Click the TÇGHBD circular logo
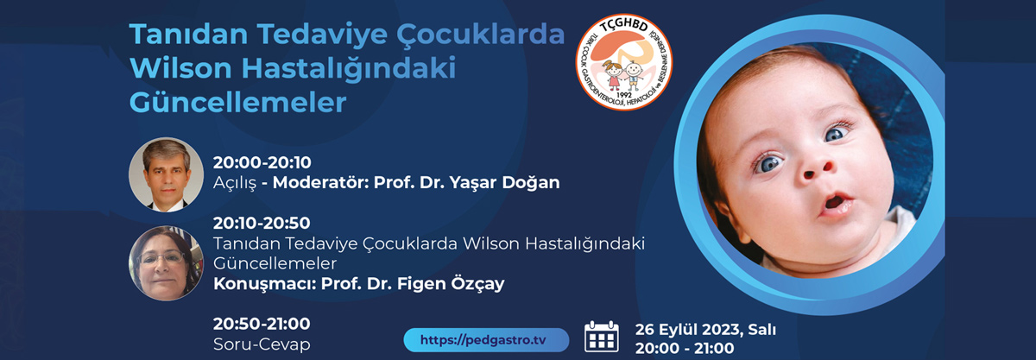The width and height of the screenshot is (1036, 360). (624, 62)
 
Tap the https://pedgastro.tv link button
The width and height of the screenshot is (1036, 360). (486, 340)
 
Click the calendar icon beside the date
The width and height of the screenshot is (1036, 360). (601, 337)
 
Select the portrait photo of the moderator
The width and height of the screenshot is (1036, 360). (166, 174)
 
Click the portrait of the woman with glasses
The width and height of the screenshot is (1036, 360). (166, 263)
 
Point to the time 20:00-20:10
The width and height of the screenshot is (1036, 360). (262, 162)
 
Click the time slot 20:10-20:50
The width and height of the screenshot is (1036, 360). (262, 223)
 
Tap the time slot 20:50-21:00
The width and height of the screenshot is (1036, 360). (262, 324)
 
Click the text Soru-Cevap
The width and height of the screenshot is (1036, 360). (262, 344)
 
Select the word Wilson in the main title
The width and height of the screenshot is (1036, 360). (180, 68)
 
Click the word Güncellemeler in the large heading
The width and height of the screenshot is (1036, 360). (237, 102)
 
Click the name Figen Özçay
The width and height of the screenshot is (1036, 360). (451, 284)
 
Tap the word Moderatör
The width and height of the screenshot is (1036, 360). (320, 182)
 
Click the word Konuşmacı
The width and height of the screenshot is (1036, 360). (264, 284)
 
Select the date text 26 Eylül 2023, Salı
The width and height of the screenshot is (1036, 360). (705, 330)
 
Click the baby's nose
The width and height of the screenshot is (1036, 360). (818, 170)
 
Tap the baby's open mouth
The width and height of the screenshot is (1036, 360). (837, 204)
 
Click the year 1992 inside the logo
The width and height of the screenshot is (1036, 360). (624, 95)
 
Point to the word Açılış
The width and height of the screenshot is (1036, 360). (234, 183)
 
